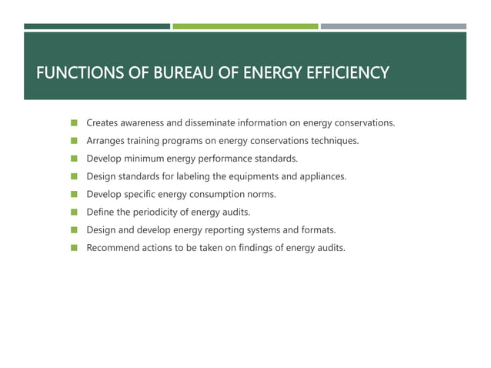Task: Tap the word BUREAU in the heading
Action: [x=179, y=74]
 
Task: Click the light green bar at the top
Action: [x=245, y=26]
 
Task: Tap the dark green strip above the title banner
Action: [x=97, y=26]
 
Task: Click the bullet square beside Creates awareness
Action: [x=75, y=123]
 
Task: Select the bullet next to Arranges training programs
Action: [x=75, y=141]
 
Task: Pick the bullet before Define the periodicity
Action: [x=75, y=212]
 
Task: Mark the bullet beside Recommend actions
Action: [x=75, y=248]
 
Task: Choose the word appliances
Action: [x=320, y=176]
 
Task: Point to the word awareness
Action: [x=144, y=123]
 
